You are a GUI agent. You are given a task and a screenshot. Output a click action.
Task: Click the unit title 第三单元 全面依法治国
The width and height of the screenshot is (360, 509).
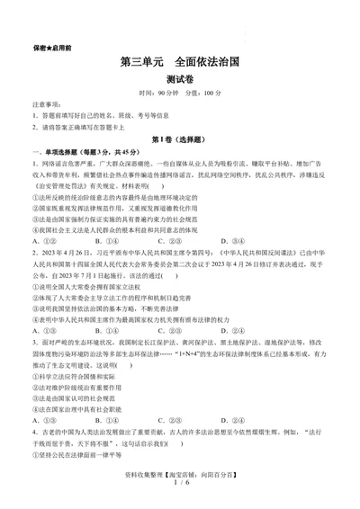pos(180,64)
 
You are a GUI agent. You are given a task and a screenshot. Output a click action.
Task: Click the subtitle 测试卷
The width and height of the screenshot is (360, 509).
pos(180,81)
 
